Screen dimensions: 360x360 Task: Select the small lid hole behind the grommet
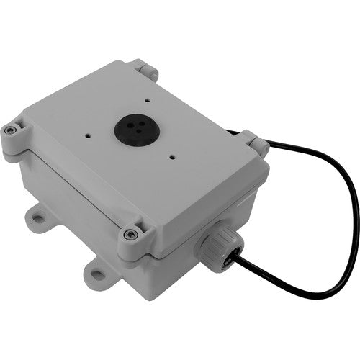(146, 102)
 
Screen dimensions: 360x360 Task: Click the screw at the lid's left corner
(9, 130)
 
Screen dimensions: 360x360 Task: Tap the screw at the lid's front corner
(130, 234)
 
